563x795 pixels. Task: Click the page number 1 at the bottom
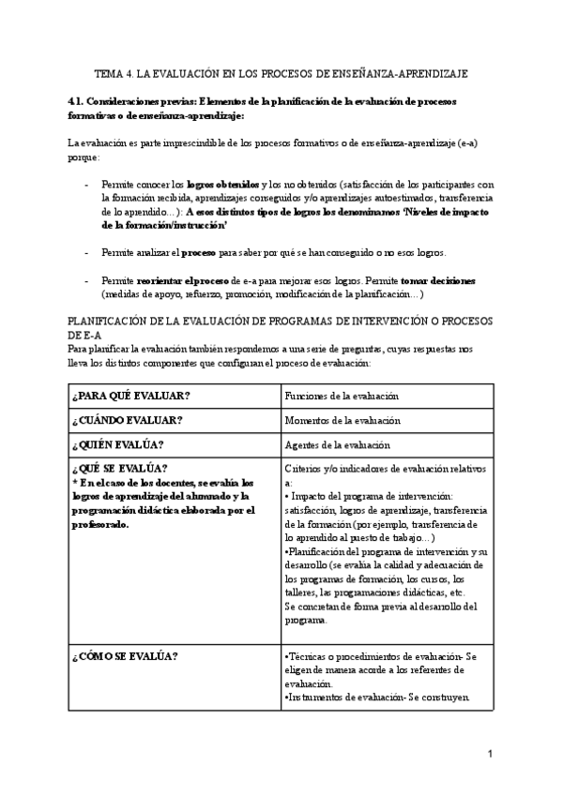pyautogui.click(x=490, y=753)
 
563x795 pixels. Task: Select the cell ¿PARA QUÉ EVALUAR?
pyautogui.click(x=120, y=396)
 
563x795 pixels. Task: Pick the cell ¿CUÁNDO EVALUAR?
pyautogui.click(x=127, y=420)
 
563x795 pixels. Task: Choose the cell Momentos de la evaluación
pyautogui.click(x=342, y=420)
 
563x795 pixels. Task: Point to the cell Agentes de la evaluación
pyautogui.click(x=337, y=444)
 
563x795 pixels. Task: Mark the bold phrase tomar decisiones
pyautogui.click(x=438, y=280)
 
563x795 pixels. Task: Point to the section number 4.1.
pyautogui.click(x=78, y=101)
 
